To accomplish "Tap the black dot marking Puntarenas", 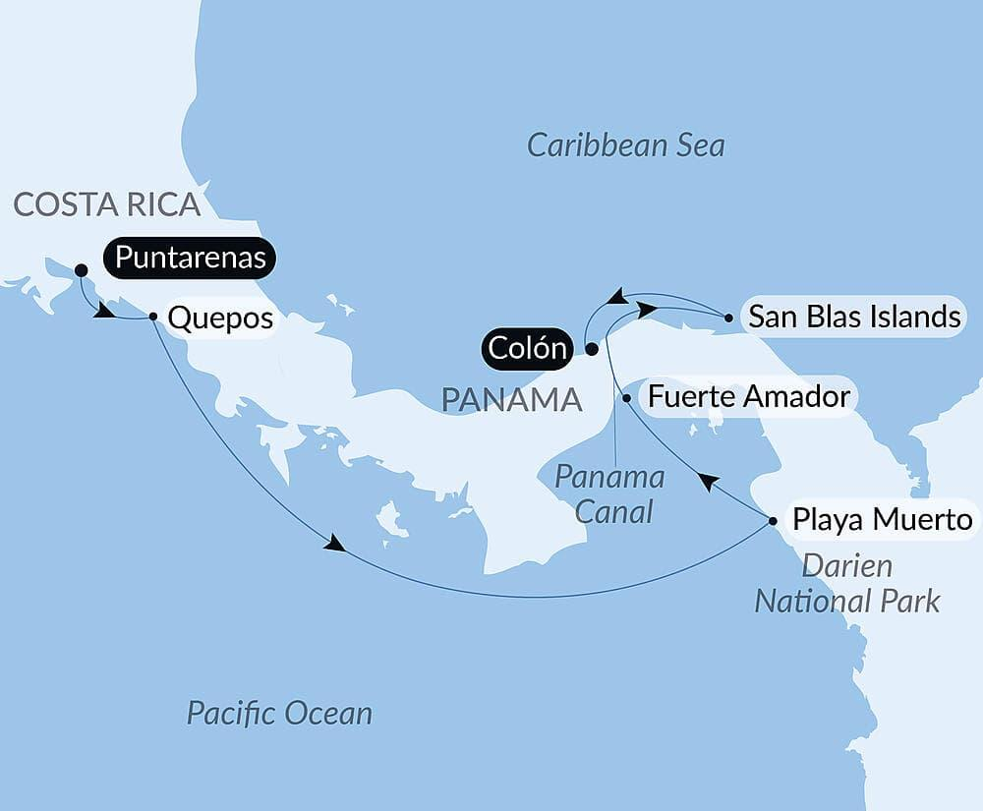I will (x=81, y=269).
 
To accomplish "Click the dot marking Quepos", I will (x=153, y=317).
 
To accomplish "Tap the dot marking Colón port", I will (x=591, y=348).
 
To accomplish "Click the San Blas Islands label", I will (x=853, y=317).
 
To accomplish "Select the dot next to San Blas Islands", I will (x=727, y=318).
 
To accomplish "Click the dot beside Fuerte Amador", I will (x=626, y=398).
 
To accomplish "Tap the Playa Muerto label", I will (x=882, y=519).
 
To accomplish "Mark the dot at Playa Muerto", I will (x=773, y=520).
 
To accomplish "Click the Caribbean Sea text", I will (x=626, y=145).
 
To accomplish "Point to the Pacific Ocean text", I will (x=279, y=712).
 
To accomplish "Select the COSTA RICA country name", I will (x=107, y=204).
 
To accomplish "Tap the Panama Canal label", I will (x=609, y=494).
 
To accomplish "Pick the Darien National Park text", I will (x=846, y=583).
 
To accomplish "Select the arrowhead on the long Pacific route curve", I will (x=335, y=544).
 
